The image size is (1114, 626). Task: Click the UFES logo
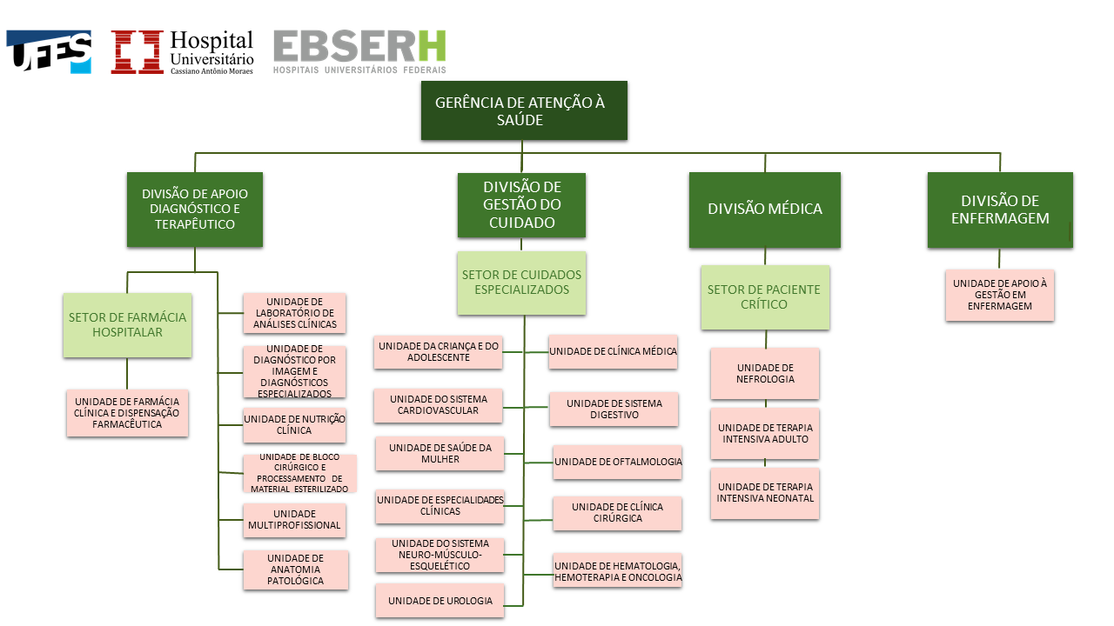[x=49, y=51]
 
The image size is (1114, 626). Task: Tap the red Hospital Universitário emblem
[x=137, y=51]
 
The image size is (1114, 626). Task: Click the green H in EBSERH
[x=432, y=46]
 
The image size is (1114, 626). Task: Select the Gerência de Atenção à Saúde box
[x=524, y=110]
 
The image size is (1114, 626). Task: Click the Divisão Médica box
[x=765, y=210]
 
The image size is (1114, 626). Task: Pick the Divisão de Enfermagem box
[x=1000, y=210]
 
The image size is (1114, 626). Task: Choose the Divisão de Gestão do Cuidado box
[x=521, y=204]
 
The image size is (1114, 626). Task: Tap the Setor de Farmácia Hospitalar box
[x=127, y=325]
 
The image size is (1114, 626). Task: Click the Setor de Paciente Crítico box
[x=765, y=297]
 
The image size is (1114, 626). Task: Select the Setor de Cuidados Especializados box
[x=521, y=283]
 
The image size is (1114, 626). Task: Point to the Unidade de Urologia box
[x=440, y=601]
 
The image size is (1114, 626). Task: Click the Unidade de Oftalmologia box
[x=618, y=462]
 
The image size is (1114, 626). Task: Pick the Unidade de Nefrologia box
[x=765, y=374]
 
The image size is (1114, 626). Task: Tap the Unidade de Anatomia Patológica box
[x=296, y=569]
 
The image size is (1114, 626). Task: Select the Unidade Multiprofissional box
[x=294, y=520]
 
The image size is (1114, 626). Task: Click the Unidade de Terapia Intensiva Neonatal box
[x=765, y=493]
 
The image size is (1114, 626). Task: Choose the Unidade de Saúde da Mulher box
[x=440, y=454]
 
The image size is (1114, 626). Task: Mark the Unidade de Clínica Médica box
[x=614, y=352]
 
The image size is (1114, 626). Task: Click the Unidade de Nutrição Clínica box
[x=294, y=425]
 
